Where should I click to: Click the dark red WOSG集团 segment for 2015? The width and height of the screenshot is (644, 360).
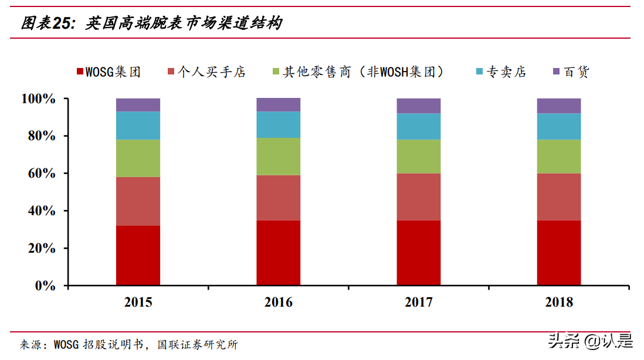coord(138,255)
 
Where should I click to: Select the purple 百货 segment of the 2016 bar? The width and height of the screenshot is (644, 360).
coord(278,105)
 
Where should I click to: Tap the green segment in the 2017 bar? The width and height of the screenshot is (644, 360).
coord(418,157)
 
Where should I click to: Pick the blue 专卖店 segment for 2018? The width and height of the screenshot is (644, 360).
coord(558,127)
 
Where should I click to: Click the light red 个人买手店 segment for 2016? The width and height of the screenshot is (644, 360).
coord(278,198)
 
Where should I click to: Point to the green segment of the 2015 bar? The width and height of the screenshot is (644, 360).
coord(138,158)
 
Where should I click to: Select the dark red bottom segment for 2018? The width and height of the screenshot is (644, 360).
coord(558,253)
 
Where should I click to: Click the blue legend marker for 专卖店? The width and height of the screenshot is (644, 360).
coord(479,72)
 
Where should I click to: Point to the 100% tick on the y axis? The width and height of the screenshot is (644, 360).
coord(39,99)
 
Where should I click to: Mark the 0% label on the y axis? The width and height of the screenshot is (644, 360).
coord(45,286)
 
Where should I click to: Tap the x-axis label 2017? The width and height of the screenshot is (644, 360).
coord(418,303)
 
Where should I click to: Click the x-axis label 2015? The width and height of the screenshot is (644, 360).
coord(138,303)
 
